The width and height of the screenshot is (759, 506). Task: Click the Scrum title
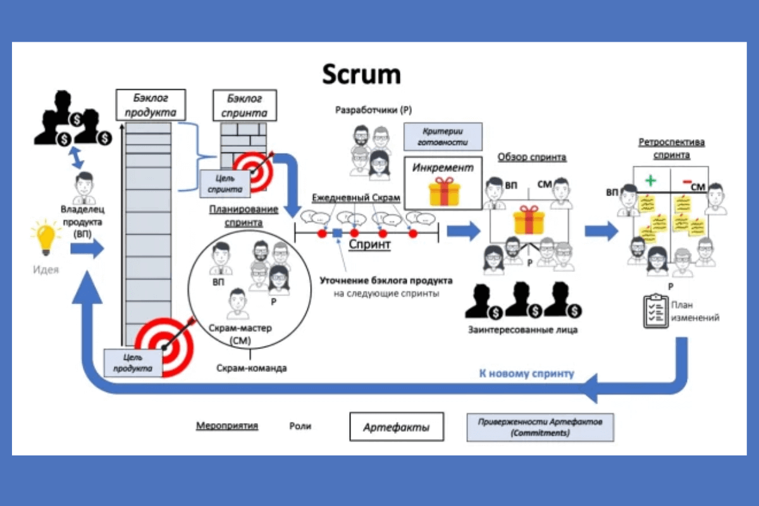pyautogui.click(x=361, y=74)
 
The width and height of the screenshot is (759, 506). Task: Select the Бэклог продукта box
pyautogui.click(x=151, y=105)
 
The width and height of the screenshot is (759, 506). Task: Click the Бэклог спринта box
pyautogui.click(x=244, y=106)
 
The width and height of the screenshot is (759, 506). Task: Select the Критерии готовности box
pyautogui.click(x=442, y=136)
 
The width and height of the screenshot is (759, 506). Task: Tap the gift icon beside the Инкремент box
pyautogui.click(x=442, y=191)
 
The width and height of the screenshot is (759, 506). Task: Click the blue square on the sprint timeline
pyautogui.click(x=337, y=233)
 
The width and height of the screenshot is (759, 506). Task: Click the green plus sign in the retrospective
pyautogui.click(x=650, y=180)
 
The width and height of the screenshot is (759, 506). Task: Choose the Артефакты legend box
pyautogui.click(x=397, y=428)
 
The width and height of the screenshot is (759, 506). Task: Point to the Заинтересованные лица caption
pyautogui.click(x=522, y=330)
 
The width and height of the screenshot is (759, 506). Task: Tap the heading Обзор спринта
pyautogui.click(x=531, y=157)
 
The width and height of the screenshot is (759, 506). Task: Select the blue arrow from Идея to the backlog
pyautogui.click(x=87, y=249)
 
